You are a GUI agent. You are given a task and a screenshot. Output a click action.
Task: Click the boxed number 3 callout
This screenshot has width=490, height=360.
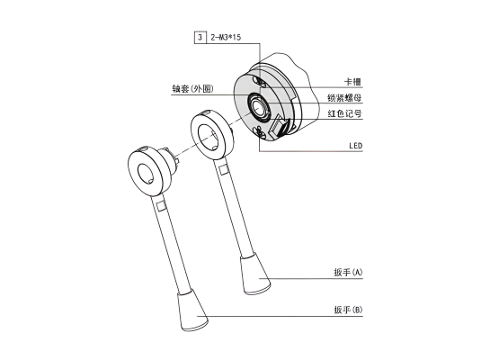click(200, 38)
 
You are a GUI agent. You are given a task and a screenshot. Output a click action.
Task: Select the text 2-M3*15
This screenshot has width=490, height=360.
click(226, 38)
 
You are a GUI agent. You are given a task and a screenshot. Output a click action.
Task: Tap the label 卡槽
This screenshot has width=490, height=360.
click(352, 82)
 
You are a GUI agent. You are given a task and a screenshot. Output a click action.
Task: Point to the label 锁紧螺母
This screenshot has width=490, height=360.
click(344, 98)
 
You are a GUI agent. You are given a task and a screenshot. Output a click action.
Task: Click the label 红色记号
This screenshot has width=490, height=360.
click(344, 113)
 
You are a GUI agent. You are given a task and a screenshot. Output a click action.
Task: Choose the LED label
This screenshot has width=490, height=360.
click(356, 146)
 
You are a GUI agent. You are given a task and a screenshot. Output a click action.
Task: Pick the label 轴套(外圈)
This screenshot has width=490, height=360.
click(192, 89)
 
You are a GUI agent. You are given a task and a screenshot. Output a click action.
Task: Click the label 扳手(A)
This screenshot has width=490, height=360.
click(348, 272)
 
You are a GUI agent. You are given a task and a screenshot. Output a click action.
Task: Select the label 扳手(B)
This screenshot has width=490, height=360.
click(348, 310)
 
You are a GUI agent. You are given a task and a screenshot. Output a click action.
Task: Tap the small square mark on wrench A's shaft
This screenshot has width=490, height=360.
click(223, 170)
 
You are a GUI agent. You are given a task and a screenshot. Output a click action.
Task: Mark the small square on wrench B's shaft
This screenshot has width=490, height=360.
click(161, 206)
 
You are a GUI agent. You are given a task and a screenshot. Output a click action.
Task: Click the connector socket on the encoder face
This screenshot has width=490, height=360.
click(280, 127)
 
